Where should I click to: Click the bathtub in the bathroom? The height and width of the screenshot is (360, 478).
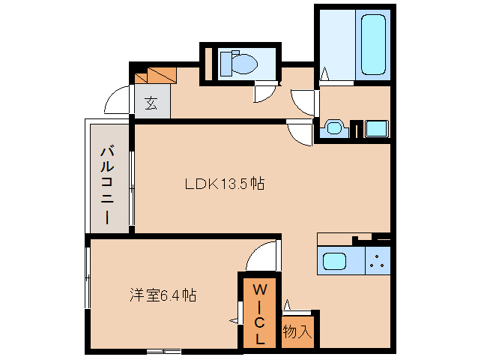372,44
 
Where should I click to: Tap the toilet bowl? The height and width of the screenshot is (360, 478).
238,63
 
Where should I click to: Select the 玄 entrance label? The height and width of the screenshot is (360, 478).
151,103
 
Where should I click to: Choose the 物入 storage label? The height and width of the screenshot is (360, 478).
297,331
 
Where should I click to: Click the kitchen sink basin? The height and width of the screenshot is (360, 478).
335,263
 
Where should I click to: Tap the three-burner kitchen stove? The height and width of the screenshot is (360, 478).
378,263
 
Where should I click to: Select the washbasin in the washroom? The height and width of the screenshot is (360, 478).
333,128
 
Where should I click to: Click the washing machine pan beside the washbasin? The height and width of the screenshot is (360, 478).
377,128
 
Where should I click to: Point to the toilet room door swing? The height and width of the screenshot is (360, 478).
264,93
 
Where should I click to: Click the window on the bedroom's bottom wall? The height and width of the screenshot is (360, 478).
163,350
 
